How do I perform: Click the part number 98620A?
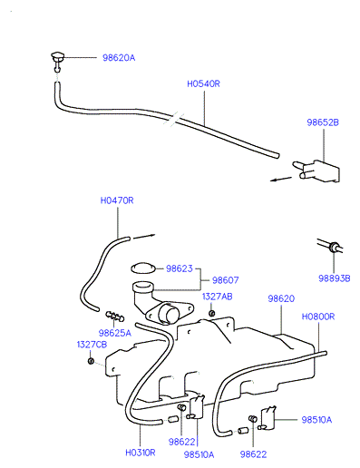tap(119, 57)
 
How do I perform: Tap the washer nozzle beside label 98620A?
tap(57, 61)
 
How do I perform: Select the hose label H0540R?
tap(203, 83)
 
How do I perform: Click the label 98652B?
tap(323, 122)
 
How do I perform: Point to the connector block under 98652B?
tap(317, 171)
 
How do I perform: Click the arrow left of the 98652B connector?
tap(281, 179)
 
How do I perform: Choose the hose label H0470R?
tap(117, 200)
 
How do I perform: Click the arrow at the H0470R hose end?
tap(144, 236)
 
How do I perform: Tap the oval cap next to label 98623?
tap(143, 268)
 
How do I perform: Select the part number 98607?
tap(225, 280)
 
